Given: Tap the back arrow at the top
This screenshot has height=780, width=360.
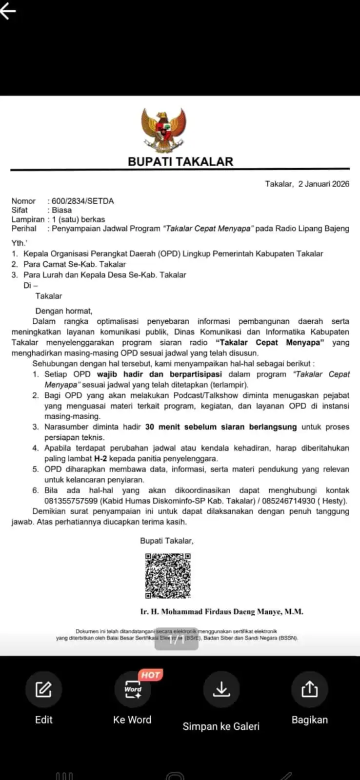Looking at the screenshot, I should click(x=8, y=11).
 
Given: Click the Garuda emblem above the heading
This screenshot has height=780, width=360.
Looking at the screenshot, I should click(x=163, y=130).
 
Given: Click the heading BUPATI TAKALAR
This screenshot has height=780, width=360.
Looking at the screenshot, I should click(x=180, y=161).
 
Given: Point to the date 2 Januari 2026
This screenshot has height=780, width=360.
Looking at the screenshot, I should click(x=324, y=184).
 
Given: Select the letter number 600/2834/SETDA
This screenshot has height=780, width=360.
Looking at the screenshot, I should click(x=82, y=201).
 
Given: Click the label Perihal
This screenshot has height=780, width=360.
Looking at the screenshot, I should click(x=24, y=228).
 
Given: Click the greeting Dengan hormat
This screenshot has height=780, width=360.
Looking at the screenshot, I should click(x=63, y=311).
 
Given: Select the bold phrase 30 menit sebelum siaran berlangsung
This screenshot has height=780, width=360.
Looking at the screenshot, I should click(x=220, y=427).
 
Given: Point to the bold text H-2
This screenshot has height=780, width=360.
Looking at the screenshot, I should click(x=100, y=458).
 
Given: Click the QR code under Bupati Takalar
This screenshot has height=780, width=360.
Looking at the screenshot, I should click(x=168, y=576).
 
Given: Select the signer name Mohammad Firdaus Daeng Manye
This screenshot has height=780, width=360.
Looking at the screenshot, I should click(x=221, y=611).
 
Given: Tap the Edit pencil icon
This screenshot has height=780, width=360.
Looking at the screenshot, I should click(x=43, y=689).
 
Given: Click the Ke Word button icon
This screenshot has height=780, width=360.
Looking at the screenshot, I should click(x=132, y=689).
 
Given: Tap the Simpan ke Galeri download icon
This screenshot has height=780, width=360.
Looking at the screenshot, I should click(x=221, y=689).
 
